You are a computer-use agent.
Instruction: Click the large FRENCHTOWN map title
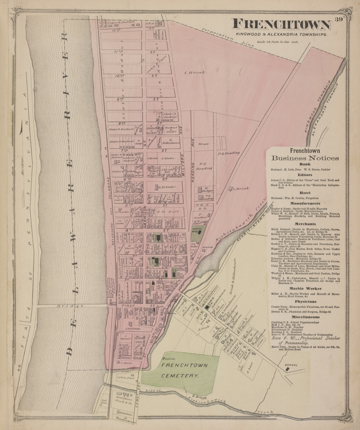pos(281,24)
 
